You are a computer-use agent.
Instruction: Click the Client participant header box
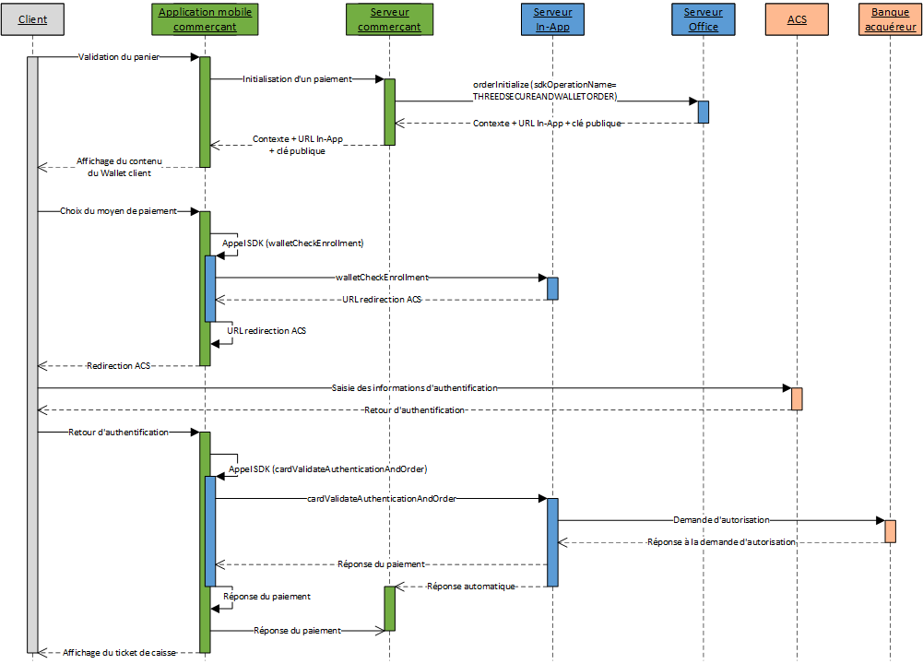32,19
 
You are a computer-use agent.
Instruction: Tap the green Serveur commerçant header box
389,19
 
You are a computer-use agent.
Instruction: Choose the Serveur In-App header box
552,19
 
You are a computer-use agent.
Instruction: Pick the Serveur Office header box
704,19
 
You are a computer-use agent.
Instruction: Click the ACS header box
797,19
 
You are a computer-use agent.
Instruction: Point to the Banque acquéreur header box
890,19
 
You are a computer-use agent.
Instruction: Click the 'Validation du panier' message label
119,57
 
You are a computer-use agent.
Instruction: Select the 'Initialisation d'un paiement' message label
297,79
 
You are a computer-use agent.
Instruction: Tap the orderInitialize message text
544,90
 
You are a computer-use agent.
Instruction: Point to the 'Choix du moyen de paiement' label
119,211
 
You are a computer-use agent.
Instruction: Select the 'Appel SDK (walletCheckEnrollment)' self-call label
293,243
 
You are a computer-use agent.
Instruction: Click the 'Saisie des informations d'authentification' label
413,388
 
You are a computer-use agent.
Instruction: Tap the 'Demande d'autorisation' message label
721,520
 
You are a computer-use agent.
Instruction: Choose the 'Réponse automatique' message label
470,587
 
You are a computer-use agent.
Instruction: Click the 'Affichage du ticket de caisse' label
119,652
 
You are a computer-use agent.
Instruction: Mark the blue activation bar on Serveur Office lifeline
703,112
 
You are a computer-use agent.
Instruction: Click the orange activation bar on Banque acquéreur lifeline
890,531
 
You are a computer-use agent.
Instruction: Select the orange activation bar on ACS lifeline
797,398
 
